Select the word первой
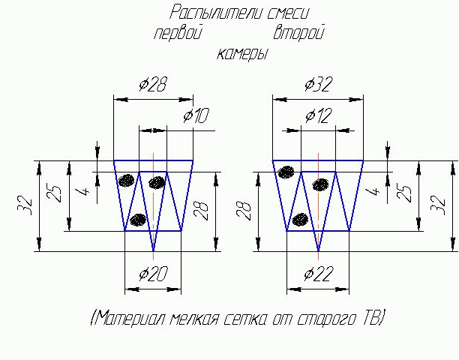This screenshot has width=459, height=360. [x=178, y=34]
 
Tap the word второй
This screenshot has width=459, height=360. [x=298, y=34]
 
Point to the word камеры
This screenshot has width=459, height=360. [x=242, y=54]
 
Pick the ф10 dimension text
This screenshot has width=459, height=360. [x=196, y=115]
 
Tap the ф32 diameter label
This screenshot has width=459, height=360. [x=317, y=84]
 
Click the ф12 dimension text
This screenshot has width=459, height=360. [x=317, y=115]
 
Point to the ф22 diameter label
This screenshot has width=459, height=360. [x=317, y=274]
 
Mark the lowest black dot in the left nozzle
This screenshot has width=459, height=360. [x=137, y=220]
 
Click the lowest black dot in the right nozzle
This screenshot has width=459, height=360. [x=301, y=220]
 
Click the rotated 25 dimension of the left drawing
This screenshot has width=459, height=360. [x=55, y=193]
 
